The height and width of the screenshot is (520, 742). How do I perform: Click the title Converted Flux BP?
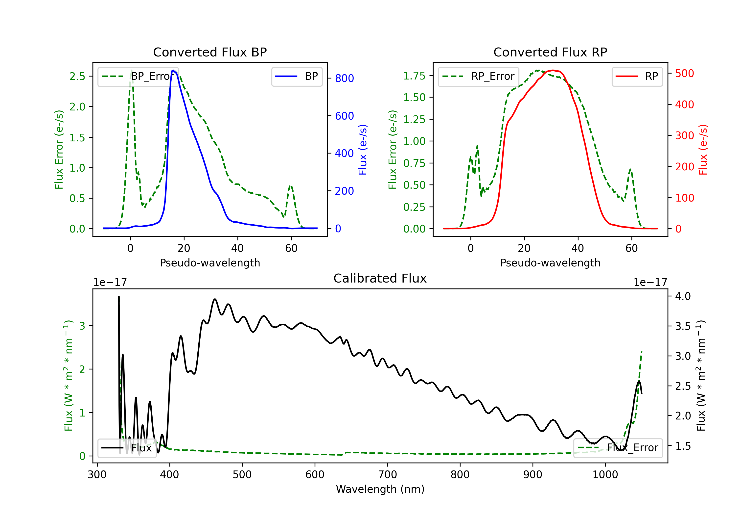click(210, 52)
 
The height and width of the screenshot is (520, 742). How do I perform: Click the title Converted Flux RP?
click(550, 52)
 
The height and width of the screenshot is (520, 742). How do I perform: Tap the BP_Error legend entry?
click(138, 76)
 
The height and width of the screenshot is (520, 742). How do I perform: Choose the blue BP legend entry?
click(297, 76)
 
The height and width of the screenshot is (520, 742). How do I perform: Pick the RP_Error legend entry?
click(478, 76)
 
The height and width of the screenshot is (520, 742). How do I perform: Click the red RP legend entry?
click(637, 76)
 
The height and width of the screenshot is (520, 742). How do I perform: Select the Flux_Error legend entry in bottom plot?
click(618, 448)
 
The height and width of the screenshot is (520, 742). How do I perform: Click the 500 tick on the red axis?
click(684, 74)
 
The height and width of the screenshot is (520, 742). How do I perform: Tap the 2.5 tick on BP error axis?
click(77, 76)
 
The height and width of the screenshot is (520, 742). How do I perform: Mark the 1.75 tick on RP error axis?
click(414, 76)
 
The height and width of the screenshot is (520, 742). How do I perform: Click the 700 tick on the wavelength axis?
click(387, 475)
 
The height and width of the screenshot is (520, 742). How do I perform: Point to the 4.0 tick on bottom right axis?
click(683, 296)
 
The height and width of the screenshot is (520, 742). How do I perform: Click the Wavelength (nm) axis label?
click(380, 489)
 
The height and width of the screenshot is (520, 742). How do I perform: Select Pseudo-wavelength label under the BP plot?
click(210, 263)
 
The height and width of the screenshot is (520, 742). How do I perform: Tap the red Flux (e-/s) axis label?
click(703, 150)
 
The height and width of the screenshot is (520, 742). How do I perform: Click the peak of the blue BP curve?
click(173, 70)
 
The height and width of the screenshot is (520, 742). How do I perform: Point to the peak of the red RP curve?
click(553, 70)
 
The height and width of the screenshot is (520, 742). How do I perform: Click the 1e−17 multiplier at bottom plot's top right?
click(650, 282)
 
